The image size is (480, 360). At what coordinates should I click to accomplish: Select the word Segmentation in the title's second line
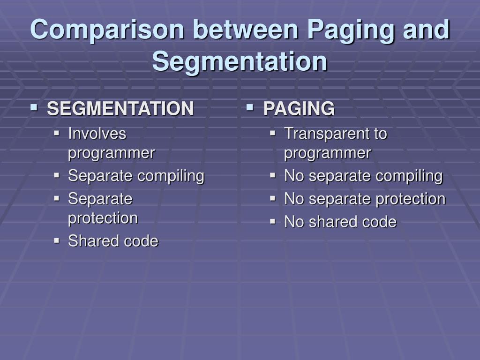(x=240, y=61)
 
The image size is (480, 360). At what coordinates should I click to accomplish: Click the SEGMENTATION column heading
(x=120, y=109)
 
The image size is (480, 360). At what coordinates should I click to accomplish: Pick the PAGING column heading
(x=299, y=109)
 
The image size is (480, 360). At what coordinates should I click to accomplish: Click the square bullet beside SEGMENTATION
(x=33, y=108)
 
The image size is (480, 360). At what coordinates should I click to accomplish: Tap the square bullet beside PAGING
(x=250, y=108)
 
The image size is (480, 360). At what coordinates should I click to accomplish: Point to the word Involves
(x=97, y=134)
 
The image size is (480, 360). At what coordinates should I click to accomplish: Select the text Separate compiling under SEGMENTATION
(x=136, y=176)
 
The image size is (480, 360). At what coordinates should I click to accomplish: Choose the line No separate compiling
(x=363, y=176)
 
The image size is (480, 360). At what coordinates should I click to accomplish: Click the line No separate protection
(x=365, y=199)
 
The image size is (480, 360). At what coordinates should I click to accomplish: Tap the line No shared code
(x=340, y=222)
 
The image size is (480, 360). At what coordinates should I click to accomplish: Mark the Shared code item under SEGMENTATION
(x=113, y=241)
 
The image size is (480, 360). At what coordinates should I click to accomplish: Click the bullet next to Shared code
(x=57, y=240)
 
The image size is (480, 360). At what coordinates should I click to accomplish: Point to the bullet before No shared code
(x=273, y=221)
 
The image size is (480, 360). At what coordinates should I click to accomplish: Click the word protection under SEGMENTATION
(x=103, y=218)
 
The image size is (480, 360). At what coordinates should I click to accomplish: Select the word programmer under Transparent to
(x=327, y=153)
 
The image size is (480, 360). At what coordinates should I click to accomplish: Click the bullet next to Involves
(x=57, y=133)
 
